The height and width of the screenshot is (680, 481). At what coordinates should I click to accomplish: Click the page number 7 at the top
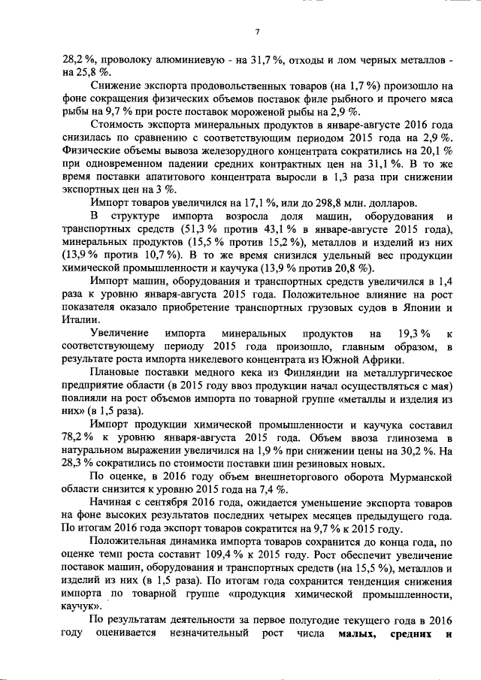click(x=256, y=31)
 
